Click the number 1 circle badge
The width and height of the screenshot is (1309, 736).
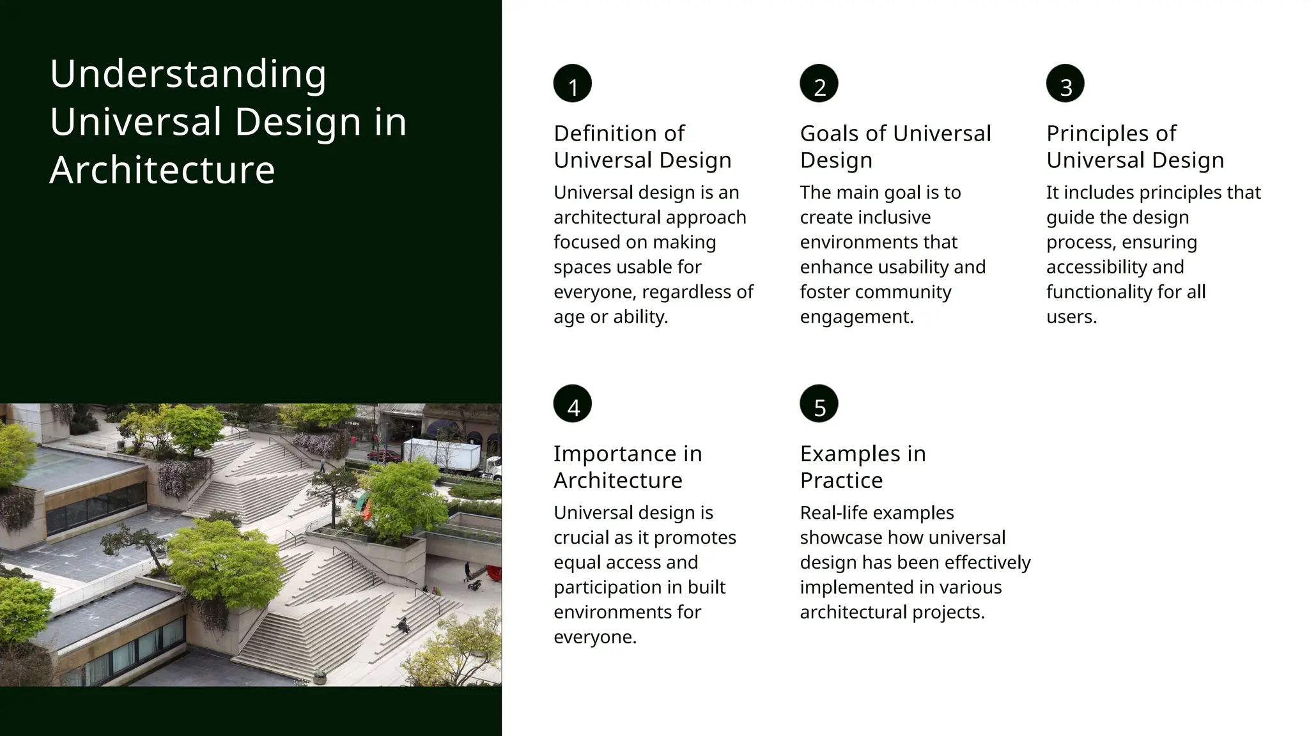coord(573,84)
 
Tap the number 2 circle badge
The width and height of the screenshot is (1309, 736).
coord(819,84)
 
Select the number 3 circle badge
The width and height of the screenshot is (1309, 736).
coord(1065,84)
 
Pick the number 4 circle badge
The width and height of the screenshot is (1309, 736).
coord(573,404)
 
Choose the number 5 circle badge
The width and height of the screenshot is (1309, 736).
coord(819,404)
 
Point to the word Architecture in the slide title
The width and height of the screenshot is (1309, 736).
coord(162,170)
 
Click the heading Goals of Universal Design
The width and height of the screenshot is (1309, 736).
coord(895,146)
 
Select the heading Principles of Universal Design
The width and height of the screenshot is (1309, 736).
coord(1135,146)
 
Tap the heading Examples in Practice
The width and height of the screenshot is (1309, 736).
coord(863,466)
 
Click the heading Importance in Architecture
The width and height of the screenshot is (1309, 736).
coord(628,466)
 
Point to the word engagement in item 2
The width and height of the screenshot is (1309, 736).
coord(856,317)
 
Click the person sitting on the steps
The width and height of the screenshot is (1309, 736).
coord(403,625)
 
